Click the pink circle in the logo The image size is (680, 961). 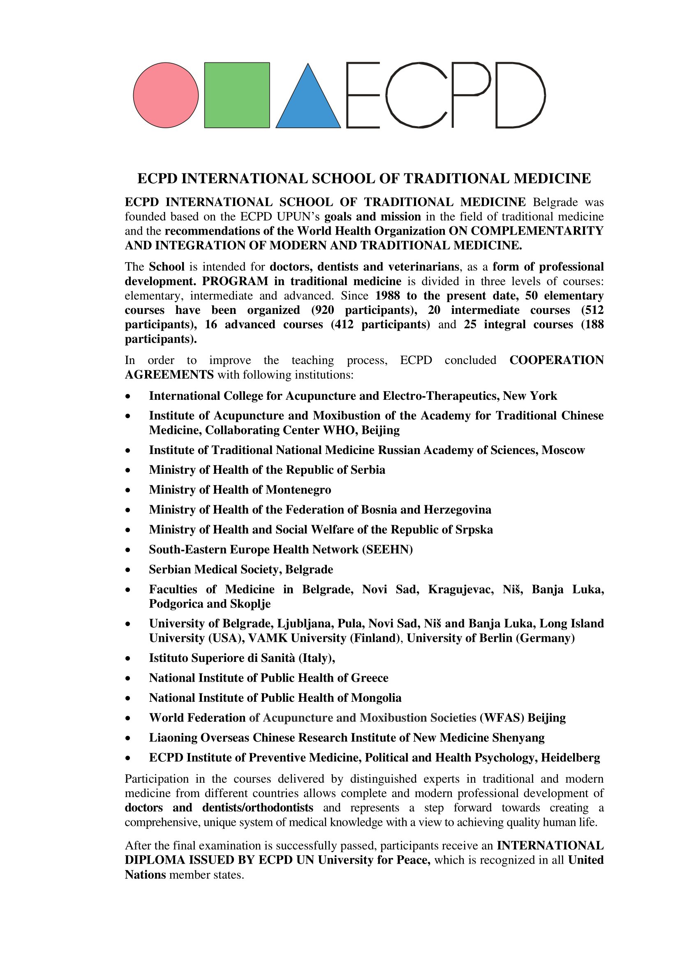166,95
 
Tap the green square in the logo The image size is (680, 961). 237,95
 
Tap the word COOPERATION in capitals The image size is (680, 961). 557,360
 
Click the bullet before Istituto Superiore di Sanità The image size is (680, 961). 128,658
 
